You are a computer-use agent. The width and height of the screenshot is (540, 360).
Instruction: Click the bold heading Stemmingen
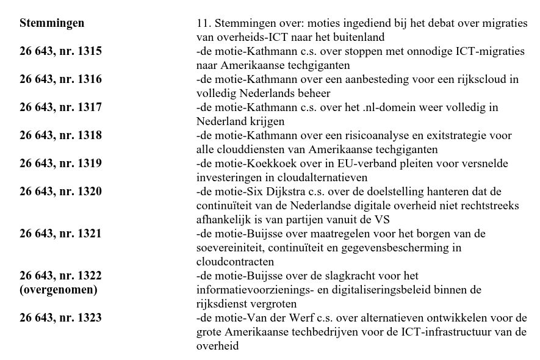[x=52, y=23]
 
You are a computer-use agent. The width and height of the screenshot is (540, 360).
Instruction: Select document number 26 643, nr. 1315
[x=60, y=51]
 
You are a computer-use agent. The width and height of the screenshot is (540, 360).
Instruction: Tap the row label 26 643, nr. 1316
[x=60, y=79]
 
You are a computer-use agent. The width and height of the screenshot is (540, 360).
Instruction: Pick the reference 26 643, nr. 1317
[x=60, y=107]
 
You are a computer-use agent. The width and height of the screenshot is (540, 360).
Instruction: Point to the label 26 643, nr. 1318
[x=60, y=135]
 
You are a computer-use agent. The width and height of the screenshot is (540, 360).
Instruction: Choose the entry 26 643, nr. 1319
[x=60, y=164]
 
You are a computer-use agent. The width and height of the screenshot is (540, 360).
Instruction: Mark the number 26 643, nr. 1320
[x=60, y=192]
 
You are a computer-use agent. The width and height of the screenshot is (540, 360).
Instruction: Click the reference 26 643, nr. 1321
[x=60, y=234]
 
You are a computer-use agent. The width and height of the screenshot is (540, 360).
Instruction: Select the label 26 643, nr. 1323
[x=60, y=318]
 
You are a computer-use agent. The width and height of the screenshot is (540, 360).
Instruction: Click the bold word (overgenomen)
[x=58, y=290]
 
